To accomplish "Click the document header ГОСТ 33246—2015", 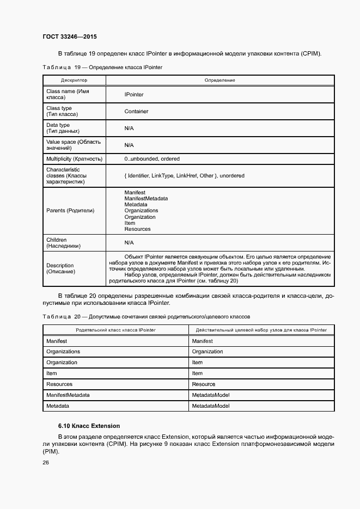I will [x=69, y=37].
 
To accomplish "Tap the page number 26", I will [x=46, y=462].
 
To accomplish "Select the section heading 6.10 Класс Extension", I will [x=89, y=425].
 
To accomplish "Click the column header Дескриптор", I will [x=74, y=80].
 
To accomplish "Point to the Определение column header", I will [x=219, y=80].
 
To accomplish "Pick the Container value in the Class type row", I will [x=136, y=111].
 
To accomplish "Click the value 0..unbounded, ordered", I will [x=152, y=159].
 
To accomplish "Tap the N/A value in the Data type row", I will [x=129, y=128].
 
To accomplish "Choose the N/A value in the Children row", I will [x=129, y=243].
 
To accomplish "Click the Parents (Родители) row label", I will [x=70, y=211].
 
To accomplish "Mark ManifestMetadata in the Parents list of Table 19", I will [x=146, y=199].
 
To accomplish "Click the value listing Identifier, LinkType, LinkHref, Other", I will [x=184, y=176].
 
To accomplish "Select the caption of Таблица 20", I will [x=146, y=316].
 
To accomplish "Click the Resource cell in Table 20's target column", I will [x=204, y=384].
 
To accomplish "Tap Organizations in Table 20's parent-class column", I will [x=63, y=352].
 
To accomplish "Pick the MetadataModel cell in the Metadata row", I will [x=211, y=406].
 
